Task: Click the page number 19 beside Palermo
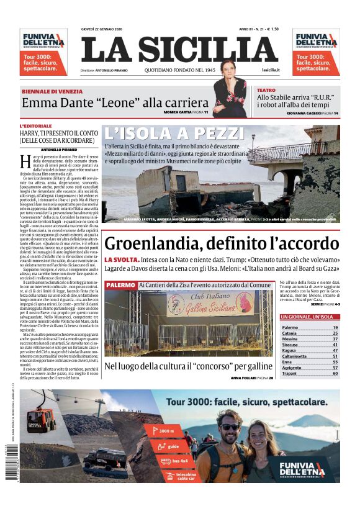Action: click(335, 327)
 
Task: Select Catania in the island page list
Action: click(289, 333)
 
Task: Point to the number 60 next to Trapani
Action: click(335, 374)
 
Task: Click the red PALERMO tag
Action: click(120, 285)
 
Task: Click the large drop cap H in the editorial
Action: click(24, 162)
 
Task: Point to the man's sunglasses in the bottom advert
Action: click(230, 427)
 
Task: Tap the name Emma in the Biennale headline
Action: click(39, 102)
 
